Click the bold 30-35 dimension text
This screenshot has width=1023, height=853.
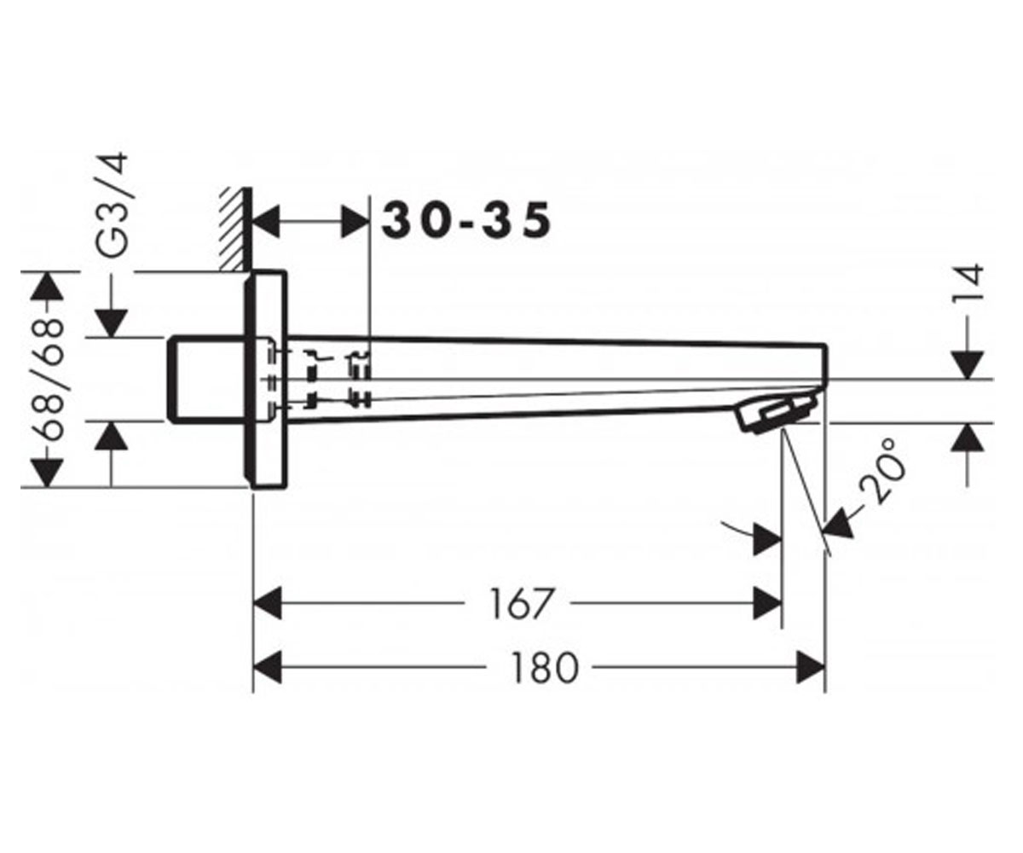(x=466, y=221)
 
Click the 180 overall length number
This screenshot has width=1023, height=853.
(x=545, y=667)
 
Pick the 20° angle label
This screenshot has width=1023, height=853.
(x=881, y=471)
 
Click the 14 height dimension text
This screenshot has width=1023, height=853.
(x=968, y=284)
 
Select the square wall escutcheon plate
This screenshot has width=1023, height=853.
(x=265, y=379)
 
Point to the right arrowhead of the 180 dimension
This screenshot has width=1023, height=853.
(x=811, y=667)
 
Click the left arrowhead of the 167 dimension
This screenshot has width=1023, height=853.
(x=268, y=603)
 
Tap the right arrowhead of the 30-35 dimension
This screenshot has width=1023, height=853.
(x=355, y=222)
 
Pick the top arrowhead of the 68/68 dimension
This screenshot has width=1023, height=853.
(x=47, y=285)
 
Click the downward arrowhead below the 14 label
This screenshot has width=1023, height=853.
(x=968, y=366)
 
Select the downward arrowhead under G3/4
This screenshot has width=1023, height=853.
(x=112, y=323)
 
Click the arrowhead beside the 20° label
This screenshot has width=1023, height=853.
(x=839, y=524)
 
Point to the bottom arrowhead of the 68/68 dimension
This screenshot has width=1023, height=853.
(x=47, y=473)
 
